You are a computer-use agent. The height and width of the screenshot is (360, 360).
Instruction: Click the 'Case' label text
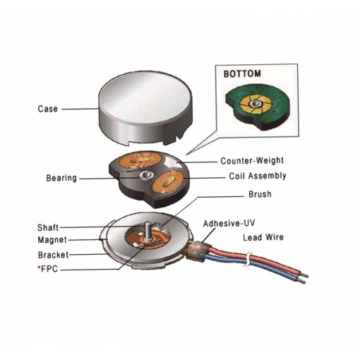(x=48, y=109)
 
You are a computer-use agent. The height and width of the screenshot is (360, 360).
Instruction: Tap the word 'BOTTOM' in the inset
(x=242, y=74)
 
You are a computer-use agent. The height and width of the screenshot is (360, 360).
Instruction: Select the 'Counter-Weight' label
(x=252, y=161)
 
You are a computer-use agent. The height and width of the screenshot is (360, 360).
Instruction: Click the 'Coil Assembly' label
(x=258, y=176)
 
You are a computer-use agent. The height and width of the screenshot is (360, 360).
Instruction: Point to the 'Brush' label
(x=260, y=194)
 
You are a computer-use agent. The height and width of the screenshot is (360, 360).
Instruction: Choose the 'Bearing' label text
(x=61, y=178)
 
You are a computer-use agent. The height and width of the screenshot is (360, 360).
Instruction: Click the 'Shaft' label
(x=48, y=227)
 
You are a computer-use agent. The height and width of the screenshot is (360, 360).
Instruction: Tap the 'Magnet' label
(x=52, y=240)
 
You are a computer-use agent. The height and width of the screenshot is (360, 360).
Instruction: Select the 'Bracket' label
(x=54, y=255)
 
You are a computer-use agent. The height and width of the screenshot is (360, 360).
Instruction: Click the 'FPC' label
(x=49, y=269)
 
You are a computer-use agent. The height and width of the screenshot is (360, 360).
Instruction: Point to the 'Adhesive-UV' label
(x=229, y=223)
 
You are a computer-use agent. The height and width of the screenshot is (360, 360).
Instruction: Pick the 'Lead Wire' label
(x=263, y=237)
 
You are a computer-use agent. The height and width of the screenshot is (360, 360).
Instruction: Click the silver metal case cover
(x=145, y=108)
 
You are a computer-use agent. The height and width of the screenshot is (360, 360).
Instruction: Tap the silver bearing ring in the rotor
(x=146, y=175)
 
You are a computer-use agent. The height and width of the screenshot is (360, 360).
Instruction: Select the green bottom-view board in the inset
(x=258, y=104)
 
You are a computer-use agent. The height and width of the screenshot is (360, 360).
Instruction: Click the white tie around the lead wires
(x=247, y=259)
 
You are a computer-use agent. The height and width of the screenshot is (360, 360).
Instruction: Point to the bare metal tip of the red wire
(x=305, y=275)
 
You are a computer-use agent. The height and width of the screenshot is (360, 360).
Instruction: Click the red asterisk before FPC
(x=39, y=268)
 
